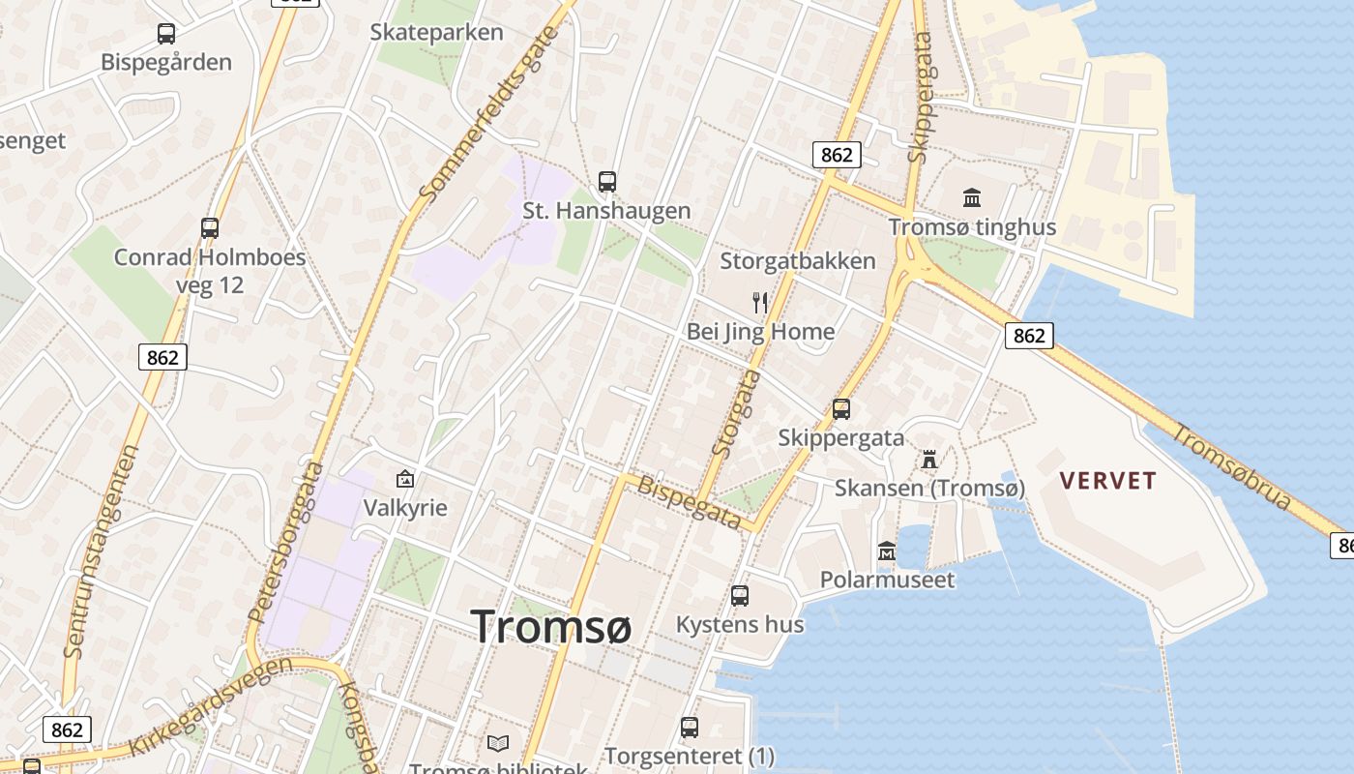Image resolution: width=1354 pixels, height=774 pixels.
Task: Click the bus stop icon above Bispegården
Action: (x=166, y=34)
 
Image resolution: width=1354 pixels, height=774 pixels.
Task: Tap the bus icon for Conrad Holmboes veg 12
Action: (x=210, y=228)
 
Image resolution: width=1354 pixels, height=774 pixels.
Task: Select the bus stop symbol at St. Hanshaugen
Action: (x=607, y=181)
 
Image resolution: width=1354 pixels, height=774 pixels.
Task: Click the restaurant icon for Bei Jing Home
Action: (x=760, y=302)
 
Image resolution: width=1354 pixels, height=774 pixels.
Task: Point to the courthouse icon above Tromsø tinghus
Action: (x=972, y=198)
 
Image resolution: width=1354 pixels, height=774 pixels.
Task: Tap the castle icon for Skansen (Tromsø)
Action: (x=929, y=458)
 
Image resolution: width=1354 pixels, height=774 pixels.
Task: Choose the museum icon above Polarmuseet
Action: (x=887, y=551)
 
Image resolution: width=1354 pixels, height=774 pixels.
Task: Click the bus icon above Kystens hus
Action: (x=740, y=596)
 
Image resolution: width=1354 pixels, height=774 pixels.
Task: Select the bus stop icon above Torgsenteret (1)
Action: (x=690, y=727)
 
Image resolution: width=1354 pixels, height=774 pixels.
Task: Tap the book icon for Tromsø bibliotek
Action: (x=498, y=743)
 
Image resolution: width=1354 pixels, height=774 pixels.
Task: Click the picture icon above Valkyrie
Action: (x=405, y=478)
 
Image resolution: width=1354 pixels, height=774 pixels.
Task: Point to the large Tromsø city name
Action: (x=551, y=626)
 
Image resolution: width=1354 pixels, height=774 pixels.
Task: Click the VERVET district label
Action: (x=1108, y=481)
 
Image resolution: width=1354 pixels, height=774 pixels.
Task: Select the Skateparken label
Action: (x=437, y=32)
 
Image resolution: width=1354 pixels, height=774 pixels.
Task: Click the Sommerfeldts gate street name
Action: (x=489, y=114)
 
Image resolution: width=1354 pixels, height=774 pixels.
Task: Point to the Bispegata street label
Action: (x=691, y=500)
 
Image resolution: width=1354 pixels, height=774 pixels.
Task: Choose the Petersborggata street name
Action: (x=286, y=542)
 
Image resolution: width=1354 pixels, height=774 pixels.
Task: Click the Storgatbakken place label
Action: (x=798, y=261)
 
